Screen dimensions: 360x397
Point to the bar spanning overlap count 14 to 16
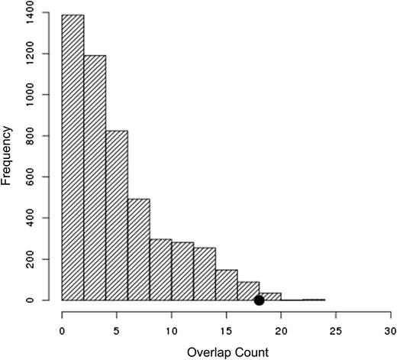click(227, 285)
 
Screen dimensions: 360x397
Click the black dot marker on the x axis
click(259, 300)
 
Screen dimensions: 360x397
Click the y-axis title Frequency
click(8, 157)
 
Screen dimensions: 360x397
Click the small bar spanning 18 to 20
click(271, 297)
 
